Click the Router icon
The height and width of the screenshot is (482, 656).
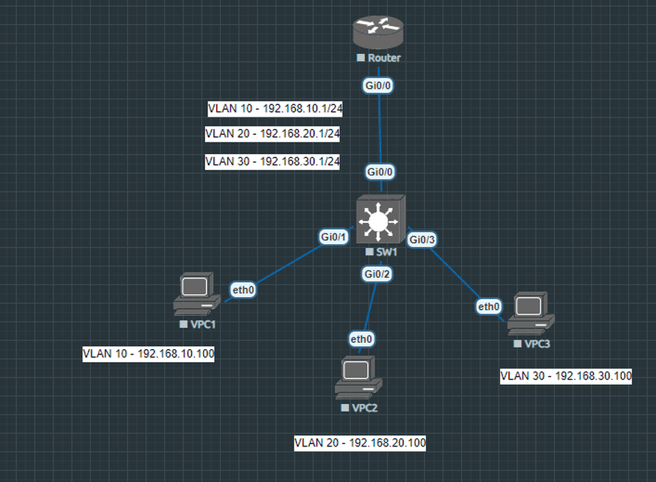pyautogui.click(x=379, y=31)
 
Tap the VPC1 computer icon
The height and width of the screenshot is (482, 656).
pyautogui.click(x=196, y=294)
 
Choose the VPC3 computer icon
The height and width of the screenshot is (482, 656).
pyautogui.click(x=531, y=313)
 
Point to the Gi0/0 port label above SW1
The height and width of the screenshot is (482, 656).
pyautogui.click(x=381, y=171)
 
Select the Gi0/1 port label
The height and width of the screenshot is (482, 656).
pyautogui.click(x=334, y=237)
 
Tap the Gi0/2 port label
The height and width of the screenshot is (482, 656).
pyautogui.click(x=377, y=273)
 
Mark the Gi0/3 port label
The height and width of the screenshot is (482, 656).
pyautogui.click(x=422, y=239)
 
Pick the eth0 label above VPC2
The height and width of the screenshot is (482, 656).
pyautogui.click(x=361, y=338)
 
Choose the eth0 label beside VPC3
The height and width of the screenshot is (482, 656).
pyautogui.click(x=488, y=307)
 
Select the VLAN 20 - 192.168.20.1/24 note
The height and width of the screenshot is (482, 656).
pyautogui.click(x=272, y=134)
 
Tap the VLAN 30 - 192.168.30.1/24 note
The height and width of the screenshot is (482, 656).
pyautogui.click(x=272, y=162)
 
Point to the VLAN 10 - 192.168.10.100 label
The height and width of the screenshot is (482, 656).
pyautogui.click(x=149, y=355)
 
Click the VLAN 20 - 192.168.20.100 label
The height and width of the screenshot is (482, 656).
pyautogui.click(x=360, y=443)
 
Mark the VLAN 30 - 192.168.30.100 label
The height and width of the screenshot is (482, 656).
pyautogui.click(x=566, y=376)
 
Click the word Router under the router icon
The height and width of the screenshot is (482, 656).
pyautogui.click(x=384, y=58)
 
